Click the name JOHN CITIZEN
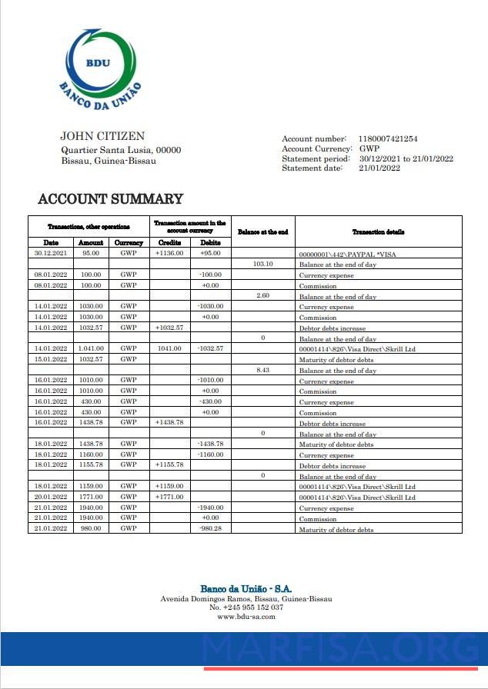coord(102,136)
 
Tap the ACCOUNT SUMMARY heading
coord(110,199)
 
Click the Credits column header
coord(169,242)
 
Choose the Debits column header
coord(210,242)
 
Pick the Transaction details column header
coord(378,231)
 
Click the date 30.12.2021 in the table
coord(51,253)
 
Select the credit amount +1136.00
coord(169,253)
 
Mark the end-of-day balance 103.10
coord(262,264)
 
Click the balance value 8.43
coord(262,370)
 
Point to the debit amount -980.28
coord(210,528)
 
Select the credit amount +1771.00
coord(169,497)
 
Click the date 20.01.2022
coord(51,497)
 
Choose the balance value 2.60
coord(262,295)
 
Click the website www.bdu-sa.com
coord(246,616)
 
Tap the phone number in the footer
coord(246,607)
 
